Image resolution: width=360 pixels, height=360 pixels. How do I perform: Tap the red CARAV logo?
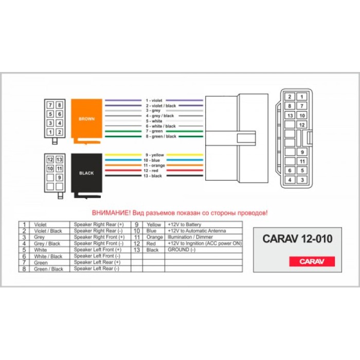click(312, 261)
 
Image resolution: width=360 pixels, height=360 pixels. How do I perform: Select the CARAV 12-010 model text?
click(297, 239)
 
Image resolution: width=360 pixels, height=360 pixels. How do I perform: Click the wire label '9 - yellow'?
click(154, 155)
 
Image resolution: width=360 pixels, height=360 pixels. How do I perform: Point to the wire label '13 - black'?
click(153, 176)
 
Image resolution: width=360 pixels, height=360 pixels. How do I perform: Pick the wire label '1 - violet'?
click(154, 100)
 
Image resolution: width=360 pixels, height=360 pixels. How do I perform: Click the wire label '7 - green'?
click(154, 131)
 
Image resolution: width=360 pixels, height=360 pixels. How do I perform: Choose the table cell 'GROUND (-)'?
click(182, 250)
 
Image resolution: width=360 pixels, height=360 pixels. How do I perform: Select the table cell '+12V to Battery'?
click(185, 225)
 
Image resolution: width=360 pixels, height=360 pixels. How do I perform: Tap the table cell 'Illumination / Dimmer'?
click(190, 237)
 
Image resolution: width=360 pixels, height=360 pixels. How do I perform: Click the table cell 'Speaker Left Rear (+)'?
click(97, 262)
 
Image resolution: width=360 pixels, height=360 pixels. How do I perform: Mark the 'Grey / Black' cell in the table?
click(47, 244)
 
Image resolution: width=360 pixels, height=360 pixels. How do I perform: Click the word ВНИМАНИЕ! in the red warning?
click(111, 213)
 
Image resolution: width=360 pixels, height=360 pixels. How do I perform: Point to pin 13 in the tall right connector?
click(290, 116)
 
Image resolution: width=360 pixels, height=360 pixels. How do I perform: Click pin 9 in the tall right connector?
click(302, 152)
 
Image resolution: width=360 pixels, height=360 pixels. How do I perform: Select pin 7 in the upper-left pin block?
click(50, 105)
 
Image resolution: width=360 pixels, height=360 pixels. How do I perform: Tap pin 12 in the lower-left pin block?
click(50, 159)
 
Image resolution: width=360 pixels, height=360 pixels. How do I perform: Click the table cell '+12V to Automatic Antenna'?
click(197, 231)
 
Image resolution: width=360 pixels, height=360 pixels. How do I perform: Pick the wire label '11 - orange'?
click(154, 166)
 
